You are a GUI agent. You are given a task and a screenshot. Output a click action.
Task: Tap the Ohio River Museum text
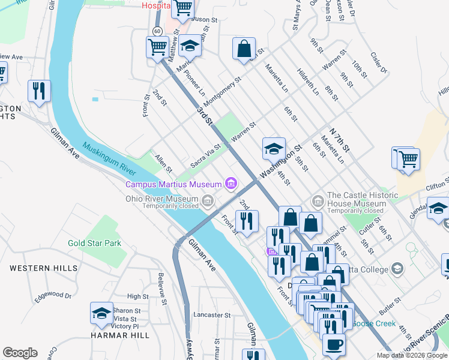[162, 199]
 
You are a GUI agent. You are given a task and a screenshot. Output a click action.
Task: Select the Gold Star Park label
[94, 243]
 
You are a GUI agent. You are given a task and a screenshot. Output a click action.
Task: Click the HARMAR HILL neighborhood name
[119, 335]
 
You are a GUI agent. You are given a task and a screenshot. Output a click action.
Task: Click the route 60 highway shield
[157, 31]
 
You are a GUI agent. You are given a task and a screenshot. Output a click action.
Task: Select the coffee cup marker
[334, 345]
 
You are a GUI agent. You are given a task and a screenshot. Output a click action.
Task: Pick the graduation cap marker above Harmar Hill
[101, 314]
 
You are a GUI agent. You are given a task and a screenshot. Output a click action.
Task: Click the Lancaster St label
[212, 314]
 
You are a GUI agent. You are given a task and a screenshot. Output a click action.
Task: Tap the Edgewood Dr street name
[53, 295]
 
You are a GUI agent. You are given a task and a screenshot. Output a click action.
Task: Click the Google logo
[20, 353]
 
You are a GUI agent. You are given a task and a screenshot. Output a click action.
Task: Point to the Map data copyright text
[412, 355]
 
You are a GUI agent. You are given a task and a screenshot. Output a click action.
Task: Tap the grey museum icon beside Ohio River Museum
[208, 200]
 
